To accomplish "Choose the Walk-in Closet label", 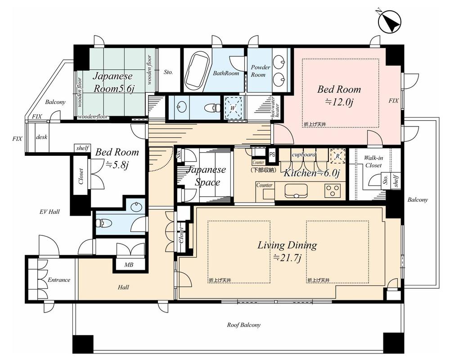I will click(x=373, y=162).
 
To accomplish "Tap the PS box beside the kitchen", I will click(x=272, y=154).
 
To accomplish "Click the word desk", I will click(x=41, y=137).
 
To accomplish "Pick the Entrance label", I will click(x=58, y=280).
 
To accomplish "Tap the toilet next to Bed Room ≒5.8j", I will click(x=103, y=223).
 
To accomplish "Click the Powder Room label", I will click(x=261, y=71).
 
